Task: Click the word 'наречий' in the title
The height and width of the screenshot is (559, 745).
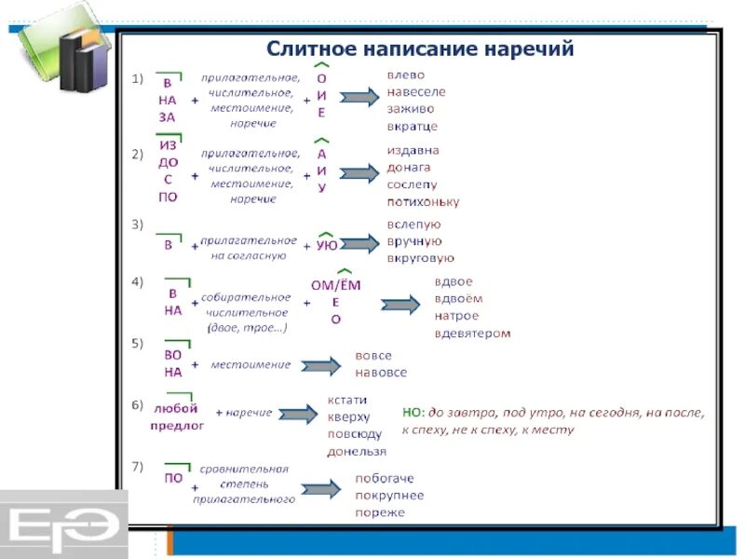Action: point(521,48)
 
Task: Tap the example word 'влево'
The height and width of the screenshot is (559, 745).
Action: point(406,75)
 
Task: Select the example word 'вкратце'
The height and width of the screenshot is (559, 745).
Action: point(413,126)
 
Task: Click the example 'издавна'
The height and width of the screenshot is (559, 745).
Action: point(413,150)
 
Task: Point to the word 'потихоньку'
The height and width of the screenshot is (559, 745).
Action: point(423,201)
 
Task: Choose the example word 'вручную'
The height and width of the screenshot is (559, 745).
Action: point(414,241)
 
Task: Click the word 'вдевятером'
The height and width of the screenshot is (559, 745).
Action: point(472,333)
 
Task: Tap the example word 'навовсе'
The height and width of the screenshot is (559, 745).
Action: point(381,373)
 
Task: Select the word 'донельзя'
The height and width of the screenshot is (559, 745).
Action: point(357,451)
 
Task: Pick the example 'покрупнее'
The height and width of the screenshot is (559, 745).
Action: point(388,495)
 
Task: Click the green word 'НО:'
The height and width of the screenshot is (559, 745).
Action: point(414,412)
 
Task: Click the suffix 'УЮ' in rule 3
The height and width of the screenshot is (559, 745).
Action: point(327,246)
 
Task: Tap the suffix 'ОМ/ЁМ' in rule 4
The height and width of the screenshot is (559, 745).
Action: point(335,286)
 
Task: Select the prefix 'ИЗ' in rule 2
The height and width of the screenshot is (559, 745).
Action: point(168,146)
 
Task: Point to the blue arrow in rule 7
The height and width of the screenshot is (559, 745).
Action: point(321,489)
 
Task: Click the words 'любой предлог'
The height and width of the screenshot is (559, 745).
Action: point(176,416)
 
